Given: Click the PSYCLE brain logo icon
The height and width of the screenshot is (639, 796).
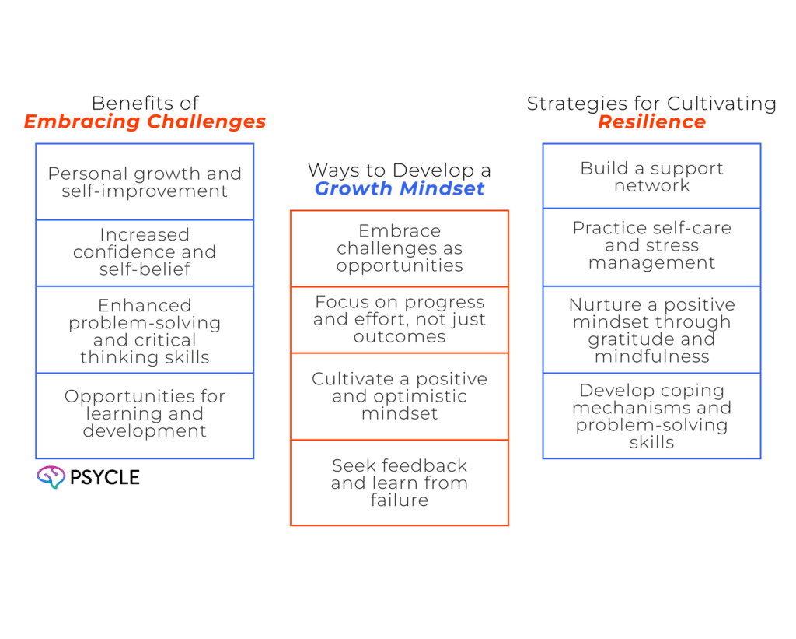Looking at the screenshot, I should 51,477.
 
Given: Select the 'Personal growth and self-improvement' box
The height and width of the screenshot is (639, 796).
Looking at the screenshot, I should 145,182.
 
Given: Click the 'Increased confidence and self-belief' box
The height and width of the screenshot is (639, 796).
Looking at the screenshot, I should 145,252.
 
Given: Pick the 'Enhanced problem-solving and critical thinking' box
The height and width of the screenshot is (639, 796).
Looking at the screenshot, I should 145,331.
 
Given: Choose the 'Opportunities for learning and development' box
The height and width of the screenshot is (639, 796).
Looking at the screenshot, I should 145,414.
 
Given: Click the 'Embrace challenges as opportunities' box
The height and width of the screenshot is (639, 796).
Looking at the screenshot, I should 400,248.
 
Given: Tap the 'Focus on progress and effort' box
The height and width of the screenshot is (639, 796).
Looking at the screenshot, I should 400,319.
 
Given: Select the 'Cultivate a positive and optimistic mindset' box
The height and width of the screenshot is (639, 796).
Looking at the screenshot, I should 400,396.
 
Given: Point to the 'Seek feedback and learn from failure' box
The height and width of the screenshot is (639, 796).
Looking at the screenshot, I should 400,483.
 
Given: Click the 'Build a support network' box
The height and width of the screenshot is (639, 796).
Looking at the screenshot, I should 651,177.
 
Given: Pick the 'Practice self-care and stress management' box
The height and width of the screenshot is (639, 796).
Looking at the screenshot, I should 651,246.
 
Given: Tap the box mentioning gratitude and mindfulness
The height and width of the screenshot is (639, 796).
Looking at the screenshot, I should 651,330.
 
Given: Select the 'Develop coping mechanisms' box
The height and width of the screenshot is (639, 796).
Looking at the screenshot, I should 651,416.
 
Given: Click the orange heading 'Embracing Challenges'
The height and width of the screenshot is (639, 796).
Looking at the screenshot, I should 145,122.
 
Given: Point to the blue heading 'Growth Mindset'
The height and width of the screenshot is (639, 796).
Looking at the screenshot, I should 400,189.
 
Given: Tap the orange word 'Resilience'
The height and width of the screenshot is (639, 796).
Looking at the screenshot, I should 651,122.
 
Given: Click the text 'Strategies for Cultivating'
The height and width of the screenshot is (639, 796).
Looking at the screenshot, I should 651,104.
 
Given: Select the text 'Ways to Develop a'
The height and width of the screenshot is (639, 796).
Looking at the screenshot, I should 400,170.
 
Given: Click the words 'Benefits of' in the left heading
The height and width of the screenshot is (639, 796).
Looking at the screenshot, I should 145,103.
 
